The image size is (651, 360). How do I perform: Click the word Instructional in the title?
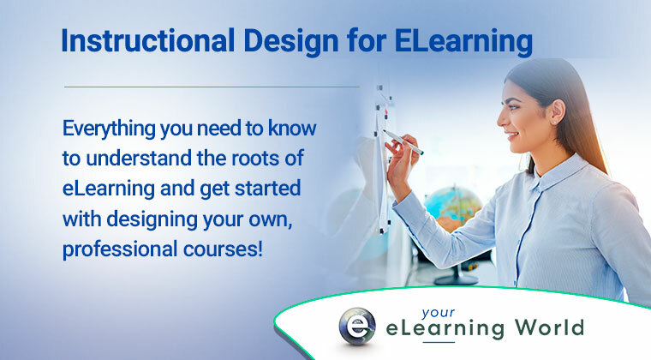pos(148,40)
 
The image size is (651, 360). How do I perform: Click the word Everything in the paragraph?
pos(109,129)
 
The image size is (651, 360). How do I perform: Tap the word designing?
pos(152,219)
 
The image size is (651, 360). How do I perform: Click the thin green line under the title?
pos(212,87)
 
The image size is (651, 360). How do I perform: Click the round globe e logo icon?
pos(357,327)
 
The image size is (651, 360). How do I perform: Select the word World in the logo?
pos(549,327)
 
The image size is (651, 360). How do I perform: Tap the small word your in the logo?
pos(438,313)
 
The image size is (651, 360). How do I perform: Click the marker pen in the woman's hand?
pos(403,142)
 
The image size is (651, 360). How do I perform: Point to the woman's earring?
pos(554,122)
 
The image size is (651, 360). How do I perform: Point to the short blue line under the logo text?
pos(439,342)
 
